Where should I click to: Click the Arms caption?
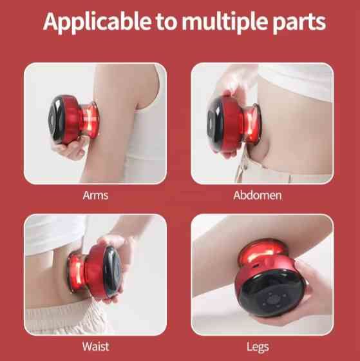(95, 195)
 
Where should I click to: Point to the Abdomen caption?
(258, 195)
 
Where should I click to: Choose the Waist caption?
(96, 347)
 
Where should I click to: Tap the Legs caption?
(258, 347)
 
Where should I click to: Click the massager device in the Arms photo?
(73, 119)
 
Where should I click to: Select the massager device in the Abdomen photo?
(234, 122)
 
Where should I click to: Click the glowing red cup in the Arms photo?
(90, 121)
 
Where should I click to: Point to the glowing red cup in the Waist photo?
(77, 271)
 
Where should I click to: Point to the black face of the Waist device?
(113, 271)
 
